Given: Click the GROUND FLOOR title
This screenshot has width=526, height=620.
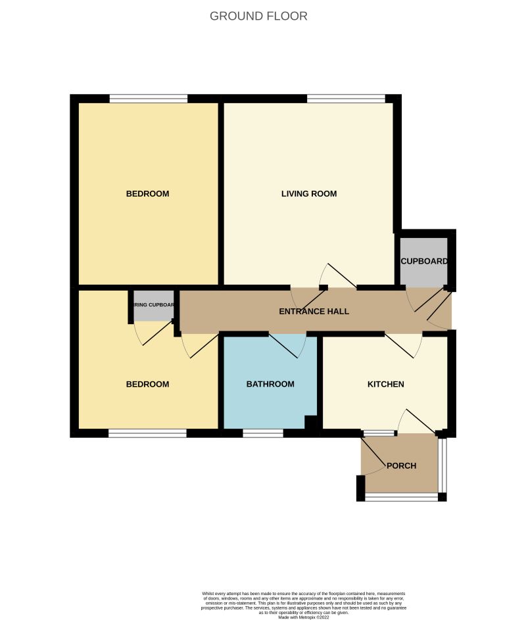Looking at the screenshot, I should pyautogui.click(x=258, y=16).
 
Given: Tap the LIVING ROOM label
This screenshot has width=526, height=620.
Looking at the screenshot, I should pyautogui.click(x=309, y=194).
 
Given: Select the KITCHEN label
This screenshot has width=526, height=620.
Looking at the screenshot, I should pyautogui.click(x=385, y=385).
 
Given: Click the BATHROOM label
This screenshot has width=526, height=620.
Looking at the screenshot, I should pyautogui.click(x=270, y=385).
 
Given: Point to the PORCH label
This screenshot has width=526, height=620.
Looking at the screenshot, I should pyautogui.click(x=401, y=466).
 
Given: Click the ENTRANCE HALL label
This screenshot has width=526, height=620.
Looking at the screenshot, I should pyautogui.click(x=314, y=312).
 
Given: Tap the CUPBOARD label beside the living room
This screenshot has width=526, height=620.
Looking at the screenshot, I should pyautogui.click(x=424, y=261).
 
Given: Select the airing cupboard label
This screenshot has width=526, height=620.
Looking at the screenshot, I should pyautogui.click(x=154, y=305).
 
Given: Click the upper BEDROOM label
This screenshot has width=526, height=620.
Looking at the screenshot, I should pyautogui.click(x=147, y=194).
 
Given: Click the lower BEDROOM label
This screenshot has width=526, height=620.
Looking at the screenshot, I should pyautogui.click(x=147, y=385).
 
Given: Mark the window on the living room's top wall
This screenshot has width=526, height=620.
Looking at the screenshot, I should pyautogui.click(x=346, y=99).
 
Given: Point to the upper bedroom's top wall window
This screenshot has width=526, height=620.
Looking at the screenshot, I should pyautogui.click(x=148, y=99).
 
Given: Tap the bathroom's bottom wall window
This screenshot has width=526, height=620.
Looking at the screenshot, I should pyautogui.click(x=263, y=433).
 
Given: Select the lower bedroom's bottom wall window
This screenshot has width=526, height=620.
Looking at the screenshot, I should pyautogui.click(x=147, y=433).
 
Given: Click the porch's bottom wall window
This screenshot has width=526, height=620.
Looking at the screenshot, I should pyautogui.click(x=402, y=498).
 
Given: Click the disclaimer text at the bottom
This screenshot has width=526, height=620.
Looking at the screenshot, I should pyautogui.click(x=303, y=605).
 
